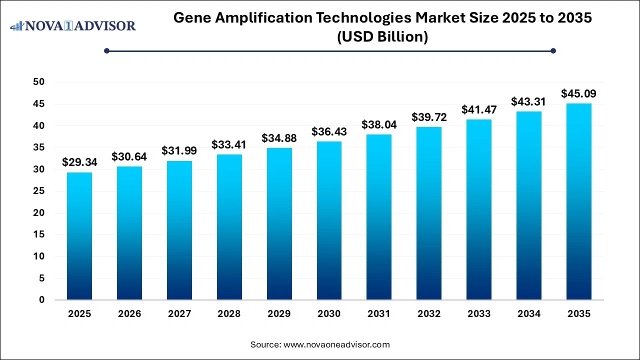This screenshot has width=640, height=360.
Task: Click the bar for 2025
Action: (79, 236)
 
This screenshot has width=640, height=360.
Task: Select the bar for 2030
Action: (329, 220)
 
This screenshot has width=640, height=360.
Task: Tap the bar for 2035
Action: (578, 201)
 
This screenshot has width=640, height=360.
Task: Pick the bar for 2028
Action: (229, 227)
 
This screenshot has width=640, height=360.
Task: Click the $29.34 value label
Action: (79, 162)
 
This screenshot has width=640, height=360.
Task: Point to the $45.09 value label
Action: (578, 93)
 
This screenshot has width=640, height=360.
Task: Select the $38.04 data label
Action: (379, 124)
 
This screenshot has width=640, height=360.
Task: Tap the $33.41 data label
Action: (229, 144)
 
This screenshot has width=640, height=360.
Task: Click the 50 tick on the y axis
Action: (38, 82)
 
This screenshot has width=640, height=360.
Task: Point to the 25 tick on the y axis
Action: (38, 191)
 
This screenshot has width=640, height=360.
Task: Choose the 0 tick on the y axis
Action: (42, 300)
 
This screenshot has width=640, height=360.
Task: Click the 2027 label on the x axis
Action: (179, 314)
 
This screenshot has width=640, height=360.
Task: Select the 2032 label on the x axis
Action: (429, 314)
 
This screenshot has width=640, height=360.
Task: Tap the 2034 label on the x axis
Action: (529, 314)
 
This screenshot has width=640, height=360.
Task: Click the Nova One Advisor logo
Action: (73, 25)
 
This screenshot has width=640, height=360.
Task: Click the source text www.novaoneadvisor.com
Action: (336, 344)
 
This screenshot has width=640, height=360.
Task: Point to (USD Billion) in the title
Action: (383, 37)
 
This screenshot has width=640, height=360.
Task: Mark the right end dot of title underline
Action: (553, 50)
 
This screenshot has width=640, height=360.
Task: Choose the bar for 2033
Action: (479, 209)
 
